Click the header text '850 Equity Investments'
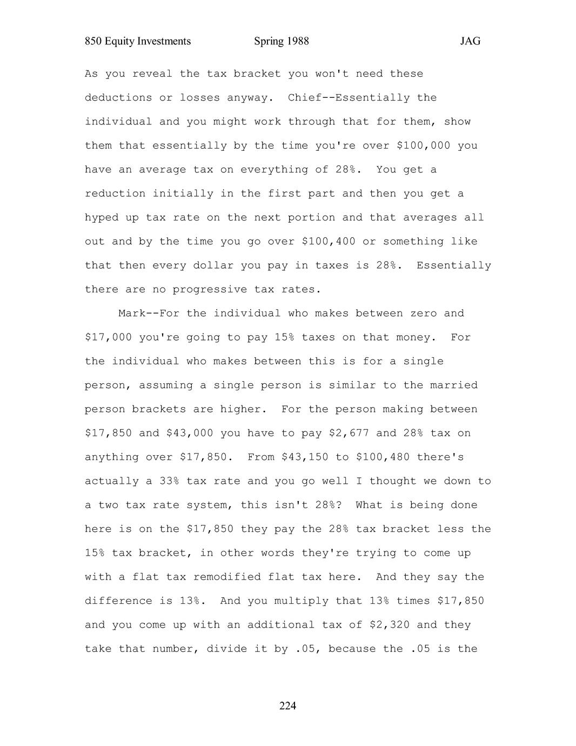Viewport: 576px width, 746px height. tap(138, 42)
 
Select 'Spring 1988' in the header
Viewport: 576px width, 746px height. tap(281, 42)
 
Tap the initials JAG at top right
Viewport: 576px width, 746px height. tap(470, 42)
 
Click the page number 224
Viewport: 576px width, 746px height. tap(287, 706)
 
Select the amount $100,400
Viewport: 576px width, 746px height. tap(329, 242)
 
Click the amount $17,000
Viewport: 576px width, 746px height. tap(108, 338)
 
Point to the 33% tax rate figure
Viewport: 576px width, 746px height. tap(169, 481)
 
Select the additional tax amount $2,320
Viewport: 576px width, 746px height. tap(389, 625)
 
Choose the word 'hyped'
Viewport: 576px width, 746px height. tap(102, 218)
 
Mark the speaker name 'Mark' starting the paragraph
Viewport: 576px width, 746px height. tap(132, 314)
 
